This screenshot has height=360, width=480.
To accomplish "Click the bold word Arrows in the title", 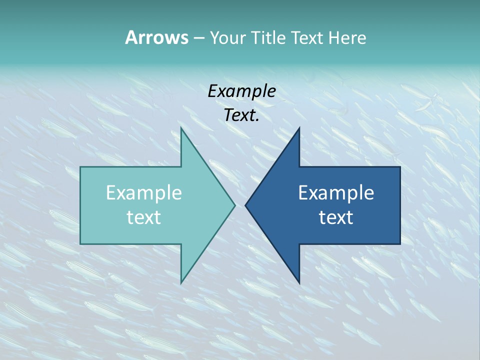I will (156, 37).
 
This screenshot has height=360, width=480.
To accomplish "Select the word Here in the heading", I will (347, 37).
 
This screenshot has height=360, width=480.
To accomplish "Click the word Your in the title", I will (227, 37).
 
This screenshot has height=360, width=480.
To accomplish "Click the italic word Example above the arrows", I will (241, 91).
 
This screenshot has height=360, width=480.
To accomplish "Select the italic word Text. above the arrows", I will (241, 115).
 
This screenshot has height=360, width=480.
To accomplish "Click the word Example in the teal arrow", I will (144, 192).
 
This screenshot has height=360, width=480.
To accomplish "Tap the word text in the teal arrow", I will (144, 217).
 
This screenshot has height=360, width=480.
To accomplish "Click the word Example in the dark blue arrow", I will (336, 192).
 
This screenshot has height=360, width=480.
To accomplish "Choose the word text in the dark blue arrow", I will (336, 217).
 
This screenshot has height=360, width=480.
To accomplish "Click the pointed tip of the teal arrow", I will (234, 205).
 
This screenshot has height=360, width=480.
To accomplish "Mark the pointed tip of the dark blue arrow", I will (245, 205).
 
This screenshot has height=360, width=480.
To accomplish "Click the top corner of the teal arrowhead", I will (181, 128).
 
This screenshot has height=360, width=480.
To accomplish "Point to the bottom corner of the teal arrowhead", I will (181, 282).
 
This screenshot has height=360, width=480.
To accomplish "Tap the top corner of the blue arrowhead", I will (299, 128).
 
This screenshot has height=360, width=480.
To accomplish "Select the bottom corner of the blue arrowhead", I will (299, 282).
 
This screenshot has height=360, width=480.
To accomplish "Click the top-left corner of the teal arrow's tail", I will (81, 167).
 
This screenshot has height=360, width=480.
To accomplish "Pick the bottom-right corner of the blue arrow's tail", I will (399, 243).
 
